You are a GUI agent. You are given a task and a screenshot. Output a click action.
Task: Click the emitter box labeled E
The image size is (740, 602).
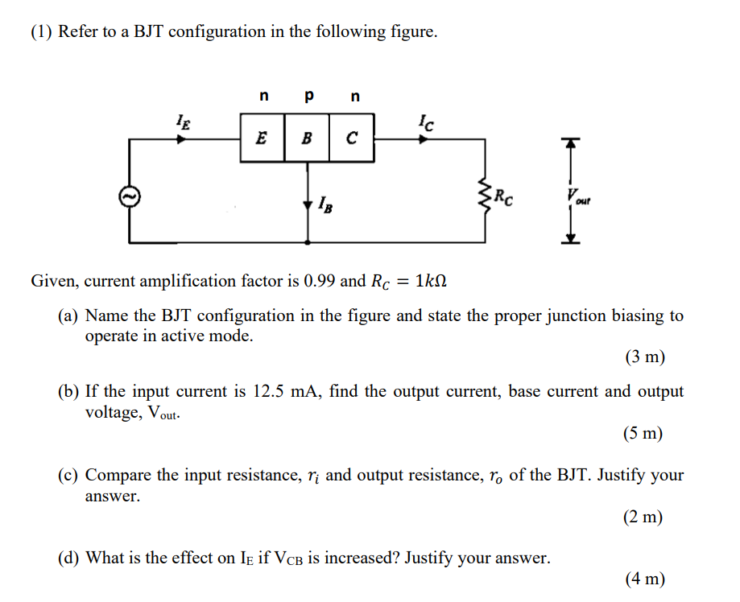click(x=262, y=138)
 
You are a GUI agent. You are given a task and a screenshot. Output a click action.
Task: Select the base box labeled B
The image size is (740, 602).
click(x=306, y=138)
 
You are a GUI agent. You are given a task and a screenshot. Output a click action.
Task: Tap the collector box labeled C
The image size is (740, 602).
click(x=351, y=138)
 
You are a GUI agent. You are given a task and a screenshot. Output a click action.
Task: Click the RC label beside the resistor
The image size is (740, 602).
click(x=504, y=195)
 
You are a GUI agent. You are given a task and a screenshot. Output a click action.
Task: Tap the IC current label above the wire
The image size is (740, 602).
click(x=426, y=122)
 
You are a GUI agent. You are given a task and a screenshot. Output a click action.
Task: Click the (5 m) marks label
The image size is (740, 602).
click(x=643, y=434)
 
